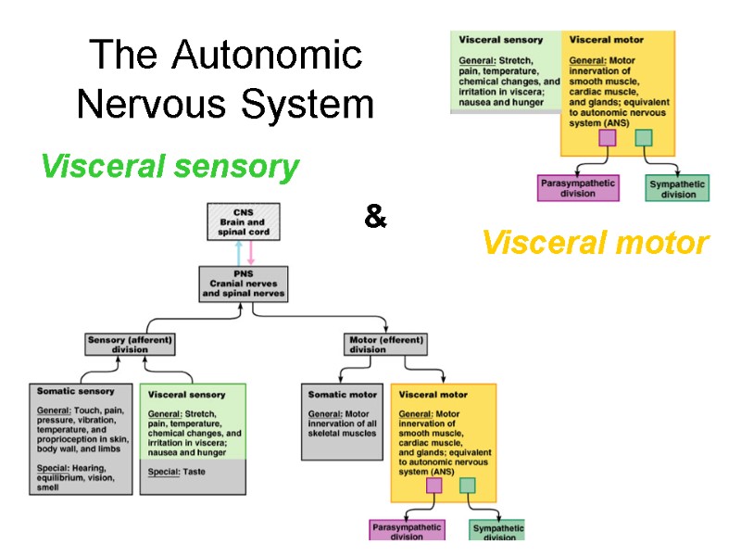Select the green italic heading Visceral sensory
tap(170, 167)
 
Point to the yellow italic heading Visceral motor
tap(595, 244)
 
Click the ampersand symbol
tap(374, 219)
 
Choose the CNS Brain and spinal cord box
tap(243, 222)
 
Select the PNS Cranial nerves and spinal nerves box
tap(244, 283)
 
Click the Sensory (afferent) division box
tap(130, 345)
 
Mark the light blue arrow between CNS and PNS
tap(238, 253)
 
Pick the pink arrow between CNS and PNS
tap(250, 253)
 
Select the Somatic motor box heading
tap(343, 395)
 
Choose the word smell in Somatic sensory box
tap(49, 487)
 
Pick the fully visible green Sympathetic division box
tap(677, 189)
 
